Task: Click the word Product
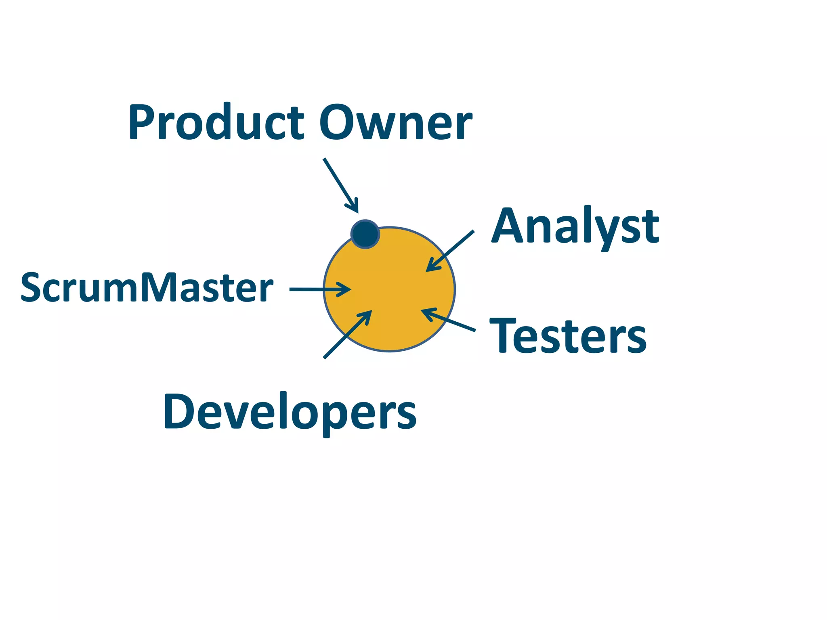click(x=216, y=123)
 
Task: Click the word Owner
click(x=396, y=123)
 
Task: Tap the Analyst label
click(x=575, y=227)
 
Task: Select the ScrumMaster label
click(x=147, y=287)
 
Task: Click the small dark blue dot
click(x=365, y=234)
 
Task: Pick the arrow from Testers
click(x=448, y=320)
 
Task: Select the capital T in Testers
click(x=502, y=335)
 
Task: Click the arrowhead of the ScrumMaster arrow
click(x=345, y=289)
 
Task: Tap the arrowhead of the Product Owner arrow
click(x=354, y=207)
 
